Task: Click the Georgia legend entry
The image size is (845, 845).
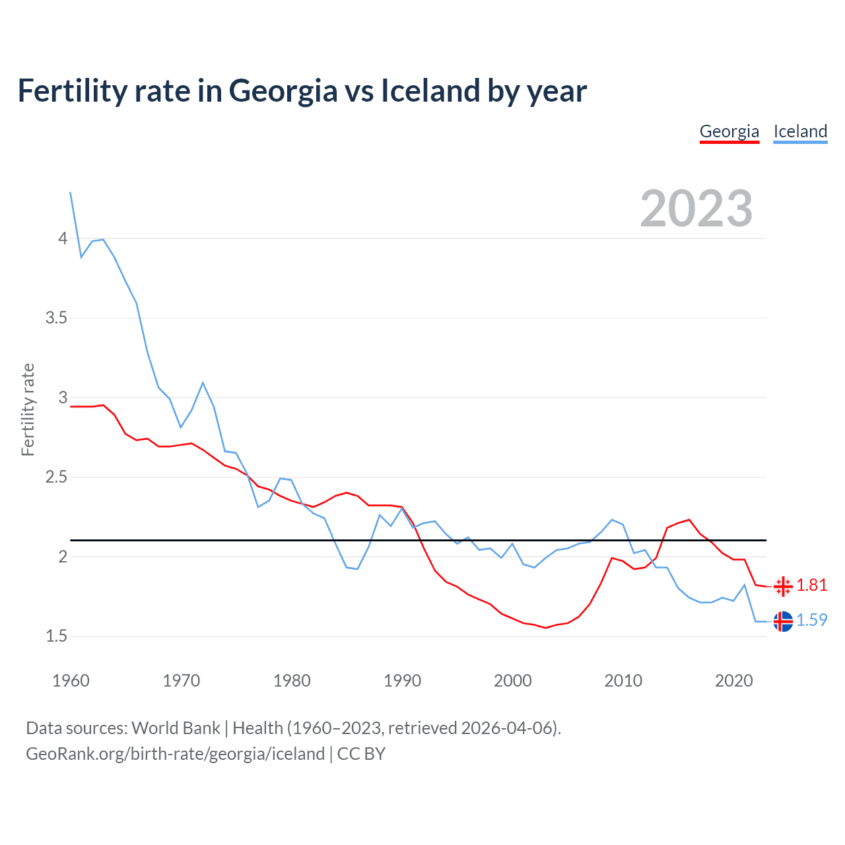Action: [729, 131]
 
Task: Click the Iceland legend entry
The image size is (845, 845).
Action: [800, 131]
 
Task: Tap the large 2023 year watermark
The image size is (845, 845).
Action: [696, 209]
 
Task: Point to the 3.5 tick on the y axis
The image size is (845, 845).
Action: [57, 318]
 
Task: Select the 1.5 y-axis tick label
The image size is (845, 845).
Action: [57, 636]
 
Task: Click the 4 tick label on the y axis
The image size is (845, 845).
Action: [63, 238]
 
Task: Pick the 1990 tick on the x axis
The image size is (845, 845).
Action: [402, 681]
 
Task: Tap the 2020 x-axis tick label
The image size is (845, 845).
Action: [733, 681]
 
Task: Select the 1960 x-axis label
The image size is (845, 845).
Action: [71, 681]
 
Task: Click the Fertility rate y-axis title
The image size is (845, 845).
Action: [28, 409]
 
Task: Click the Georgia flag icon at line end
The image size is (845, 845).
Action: [783, 586]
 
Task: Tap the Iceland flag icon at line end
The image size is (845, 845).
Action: [783, 621]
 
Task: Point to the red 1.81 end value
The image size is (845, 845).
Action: [811, 586]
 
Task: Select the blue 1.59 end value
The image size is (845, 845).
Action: [811, 621]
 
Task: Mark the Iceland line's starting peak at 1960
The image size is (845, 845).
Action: [71, 193]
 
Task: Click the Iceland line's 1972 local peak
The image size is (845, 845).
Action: [203, 383]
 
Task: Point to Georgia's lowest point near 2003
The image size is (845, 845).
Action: [545, 628]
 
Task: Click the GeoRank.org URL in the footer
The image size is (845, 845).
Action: [175, 754]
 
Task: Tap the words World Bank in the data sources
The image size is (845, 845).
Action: [176, 728]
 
